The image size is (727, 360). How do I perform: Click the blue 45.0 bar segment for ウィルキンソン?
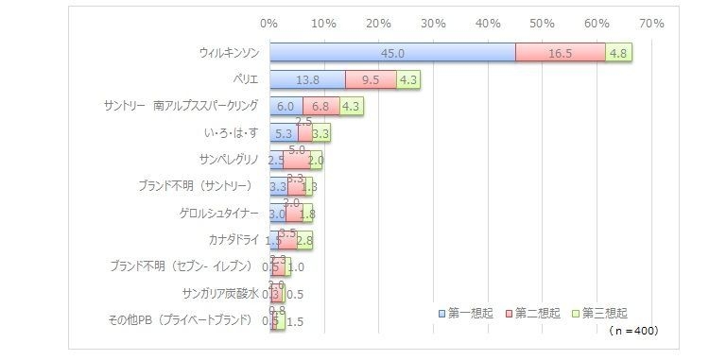click(392, 53)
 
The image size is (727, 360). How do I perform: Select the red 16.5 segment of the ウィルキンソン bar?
click(560, 53)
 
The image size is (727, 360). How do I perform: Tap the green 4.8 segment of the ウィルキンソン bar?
click(618, 53)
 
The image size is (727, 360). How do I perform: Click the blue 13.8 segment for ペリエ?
click(307, 80)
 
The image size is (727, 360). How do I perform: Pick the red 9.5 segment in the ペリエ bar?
click(371, 80)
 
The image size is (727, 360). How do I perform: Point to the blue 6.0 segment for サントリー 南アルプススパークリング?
click(286, 107)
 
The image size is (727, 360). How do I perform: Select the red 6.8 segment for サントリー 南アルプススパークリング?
click(320, 107)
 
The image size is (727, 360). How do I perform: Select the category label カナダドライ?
click(233, 240)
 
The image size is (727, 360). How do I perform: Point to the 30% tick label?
click(433, 22)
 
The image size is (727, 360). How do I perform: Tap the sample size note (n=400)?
click(632, 331)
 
